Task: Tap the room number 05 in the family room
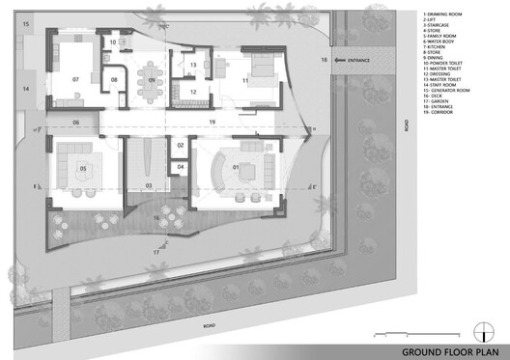[x=83, y=169]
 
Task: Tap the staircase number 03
[x=149, y=183]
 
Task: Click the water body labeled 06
[x=75, y=124]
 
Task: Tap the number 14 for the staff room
[x=27, y=89]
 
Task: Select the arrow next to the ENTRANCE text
[x=335, y=61]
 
